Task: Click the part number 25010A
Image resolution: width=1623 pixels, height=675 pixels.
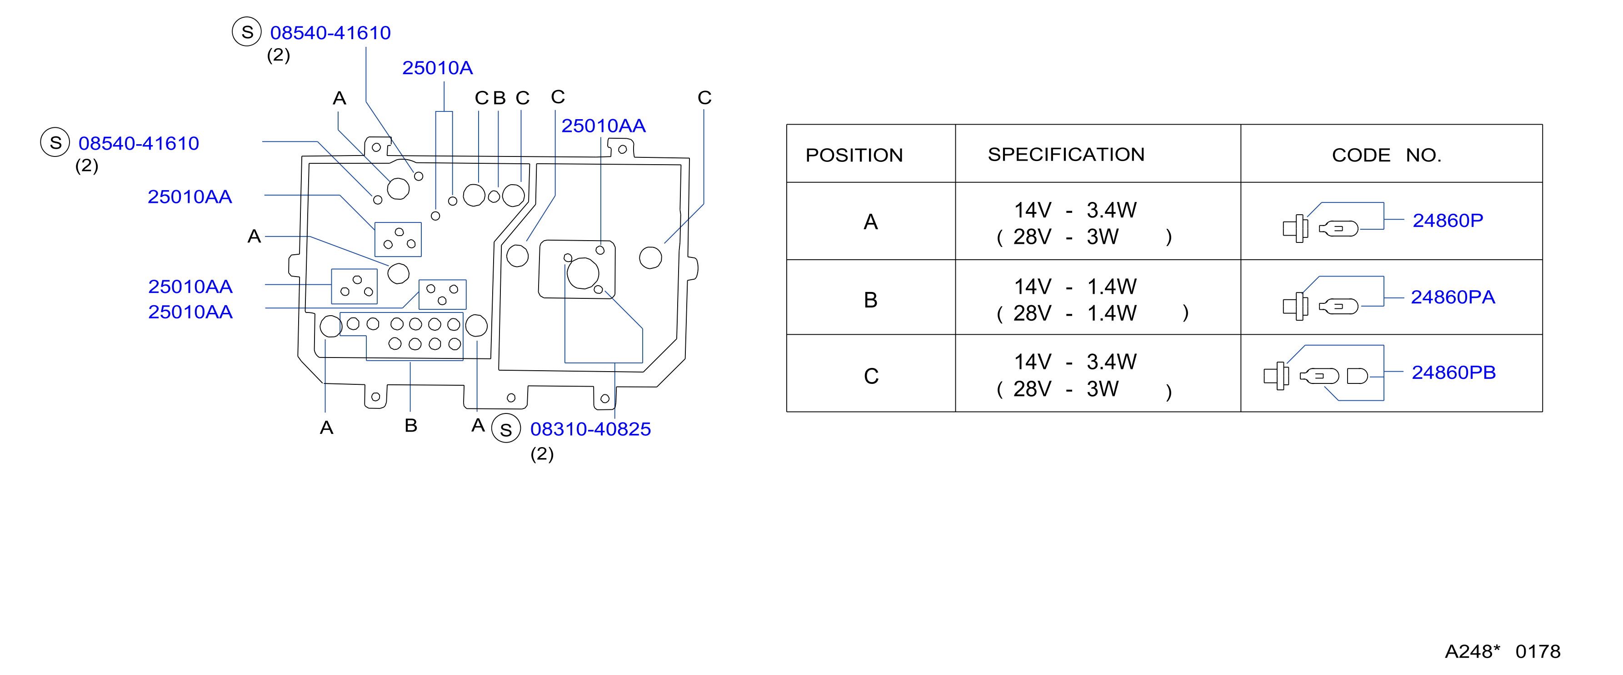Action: (x=437, y=68)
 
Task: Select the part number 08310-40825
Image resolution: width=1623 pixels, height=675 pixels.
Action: (x=590, y=429)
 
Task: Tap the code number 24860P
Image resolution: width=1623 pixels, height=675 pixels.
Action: (x=1448, y=221)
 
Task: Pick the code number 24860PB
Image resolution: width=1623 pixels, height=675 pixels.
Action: (x=1453, y=373)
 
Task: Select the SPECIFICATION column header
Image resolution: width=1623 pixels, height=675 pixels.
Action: (x=1066, y=154)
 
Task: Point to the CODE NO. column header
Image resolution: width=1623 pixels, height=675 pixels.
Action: (x=1386, y=155)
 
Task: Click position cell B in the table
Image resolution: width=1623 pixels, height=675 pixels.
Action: (x=871, y=300)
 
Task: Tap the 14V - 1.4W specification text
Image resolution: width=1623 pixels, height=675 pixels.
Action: (x=1075, y=287)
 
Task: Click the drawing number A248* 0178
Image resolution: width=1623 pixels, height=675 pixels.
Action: (x=1503, y=651)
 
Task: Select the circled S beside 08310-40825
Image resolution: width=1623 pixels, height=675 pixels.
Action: (x=506, y=428)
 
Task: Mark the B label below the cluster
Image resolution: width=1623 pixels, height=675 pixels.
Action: (x=411, y=425)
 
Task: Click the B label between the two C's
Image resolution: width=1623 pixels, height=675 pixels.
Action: (x=499, y=98)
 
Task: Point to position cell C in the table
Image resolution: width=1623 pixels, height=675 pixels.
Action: (x=871, y=376)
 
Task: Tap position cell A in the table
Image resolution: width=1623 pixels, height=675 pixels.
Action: (x=871, y=222)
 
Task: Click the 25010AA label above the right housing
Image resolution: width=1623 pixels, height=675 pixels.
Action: (x=603, y=126)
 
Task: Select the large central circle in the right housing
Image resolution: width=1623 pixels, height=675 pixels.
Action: (x=583, y=273)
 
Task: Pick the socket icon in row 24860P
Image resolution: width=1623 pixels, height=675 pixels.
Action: (x=1295, y=228)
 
